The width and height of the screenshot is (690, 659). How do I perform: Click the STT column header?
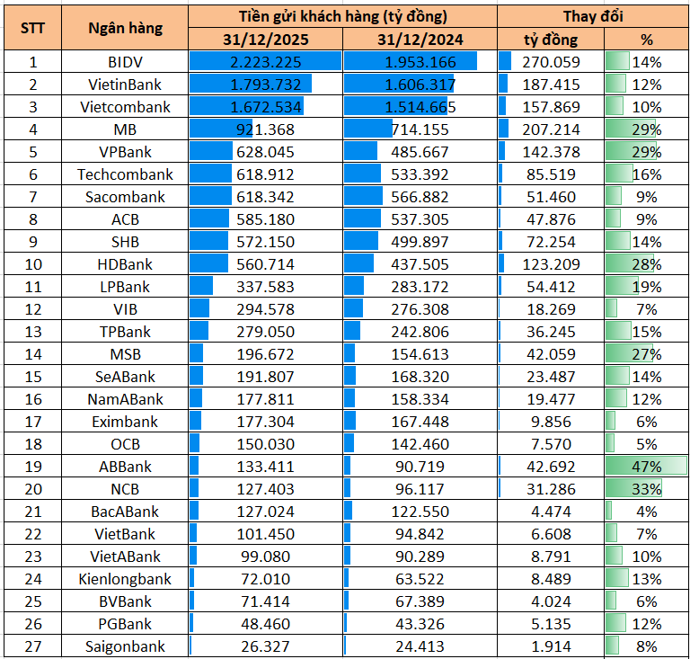click(33, 28)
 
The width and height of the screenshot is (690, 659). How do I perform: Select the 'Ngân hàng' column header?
click(126, 28)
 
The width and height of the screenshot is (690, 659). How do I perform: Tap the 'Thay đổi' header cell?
click(593, 16)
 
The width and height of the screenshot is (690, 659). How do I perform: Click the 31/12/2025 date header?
click(266, 40)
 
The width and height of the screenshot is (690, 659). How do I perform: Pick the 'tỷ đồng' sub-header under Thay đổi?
click(551, 40)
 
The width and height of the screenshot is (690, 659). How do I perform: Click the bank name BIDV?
click(126, 62)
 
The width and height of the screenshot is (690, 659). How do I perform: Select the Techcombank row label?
click(126, 174)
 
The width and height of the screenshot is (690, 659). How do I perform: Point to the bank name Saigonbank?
click(126, 646)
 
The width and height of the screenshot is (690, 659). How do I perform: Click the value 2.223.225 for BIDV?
click(266, 62)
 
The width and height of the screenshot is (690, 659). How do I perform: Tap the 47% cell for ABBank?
click(647, 467)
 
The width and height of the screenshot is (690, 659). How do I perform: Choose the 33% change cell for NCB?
click(647, 489)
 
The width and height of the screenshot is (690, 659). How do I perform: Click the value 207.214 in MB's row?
click(551, 129)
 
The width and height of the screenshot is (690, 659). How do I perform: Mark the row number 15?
click(33, 377)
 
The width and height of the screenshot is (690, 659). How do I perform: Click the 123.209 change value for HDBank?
click(551, 264)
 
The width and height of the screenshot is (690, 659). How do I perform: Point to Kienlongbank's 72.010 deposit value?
click(266, 579)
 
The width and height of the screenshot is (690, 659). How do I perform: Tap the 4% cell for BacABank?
click(647, 512)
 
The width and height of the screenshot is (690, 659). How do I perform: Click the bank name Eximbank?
click(126, 422)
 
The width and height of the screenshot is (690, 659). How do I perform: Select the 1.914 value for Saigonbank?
click(551, 646)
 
